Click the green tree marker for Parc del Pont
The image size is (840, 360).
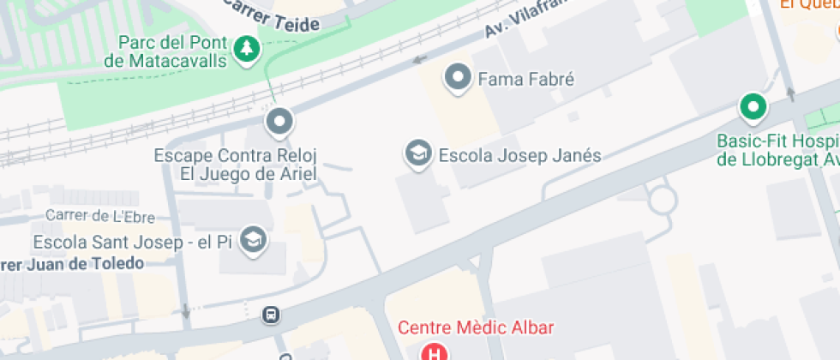click(248, 49)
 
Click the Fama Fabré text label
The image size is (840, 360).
click(525, 80)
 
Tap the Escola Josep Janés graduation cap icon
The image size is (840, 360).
click(417, 155)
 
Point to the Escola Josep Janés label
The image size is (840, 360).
click(519, 156)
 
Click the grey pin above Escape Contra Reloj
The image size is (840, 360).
click(279, 123)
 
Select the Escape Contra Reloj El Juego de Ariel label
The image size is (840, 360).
click(236, 165)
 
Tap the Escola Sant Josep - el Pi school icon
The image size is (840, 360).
click(253, 241)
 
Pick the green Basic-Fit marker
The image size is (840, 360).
click(753, 106)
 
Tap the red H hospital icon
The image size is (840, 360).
click(435, 352)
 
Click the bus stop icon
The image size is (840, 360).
click(271, 315)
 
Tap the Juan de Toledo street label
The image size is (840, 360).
click(72, 263)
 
